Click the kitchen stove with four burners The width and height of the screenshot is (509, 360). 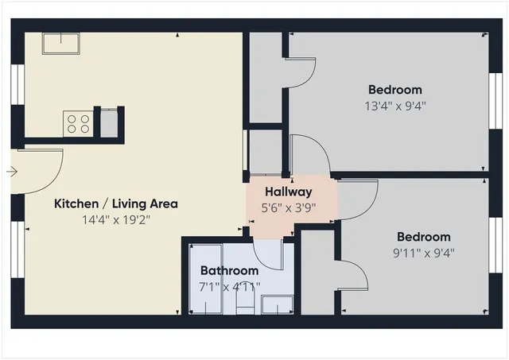77,123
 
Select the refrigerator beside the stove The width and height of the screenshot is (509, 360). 108,122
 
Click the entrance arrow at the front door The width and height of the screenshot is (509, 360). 11,171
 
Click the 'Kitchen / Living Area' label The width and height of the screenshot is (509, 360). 115,203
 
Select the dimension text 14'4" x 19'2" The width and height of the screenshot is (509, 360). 115,219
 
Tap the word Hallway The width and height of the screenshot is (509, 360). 288,192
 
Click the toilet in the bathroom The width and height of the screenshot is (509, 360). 243,304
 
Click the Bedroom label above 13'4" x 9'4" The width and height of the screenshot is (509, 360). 395,90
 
